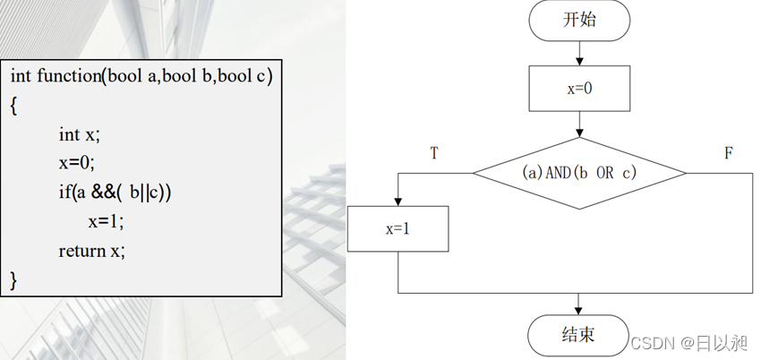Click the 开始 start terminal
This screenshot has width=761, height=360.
pyautogui.click(x=579, y=21)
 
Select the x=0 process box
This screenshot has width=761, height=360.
pyautogui.click(x=579, y=88)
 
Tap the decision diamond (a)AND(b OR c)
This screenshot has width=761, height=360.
pyautogui.click(x=579, y=173)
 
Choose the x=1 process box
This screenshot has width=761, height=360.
pyautogui.click(x=398, y=228)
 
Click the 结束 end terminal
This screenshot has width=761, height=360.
pyautogui.click(x=579, y=335)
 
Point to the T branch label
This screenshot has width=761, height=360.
pyautogui.click(x=434, y=153)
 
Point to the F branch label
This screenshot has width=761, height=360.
pyautogui.click(x=728, y=153)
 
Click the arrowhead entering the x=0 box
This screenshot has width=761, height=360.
pyautogui.click(x=579, y=61)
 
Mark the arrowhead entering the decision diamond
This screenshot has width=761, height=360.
pyautogui.click(x=579, y=132)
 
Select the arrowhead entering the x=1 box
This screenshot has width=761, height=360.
pyautogui.click(x=398, y=201)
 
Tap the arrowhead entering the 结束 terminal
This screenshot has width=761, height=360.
pyautogui.click(x=579, y=308)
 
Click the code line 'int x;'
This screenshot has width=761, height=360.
pyautogui.click(x=80, y=134)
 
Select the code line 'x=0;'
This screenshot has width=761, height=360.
pyautogui.click(x=76, y=163)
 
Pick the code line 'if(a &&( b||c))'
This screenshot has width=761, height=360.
pyautogui.click(x=115, y=192)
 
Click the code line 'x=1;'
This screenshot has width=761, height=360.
pyautogui.click(x=107, y=221)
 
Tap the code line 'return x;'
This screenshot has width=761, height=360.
pyautogui.click(x=92, y=251)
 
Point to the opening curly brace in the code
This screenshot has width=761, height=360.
pyautogui.click(x=14, y=106)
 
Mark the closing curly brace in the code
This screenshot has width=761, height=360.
pyautogui.click(x=14, y=279)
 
